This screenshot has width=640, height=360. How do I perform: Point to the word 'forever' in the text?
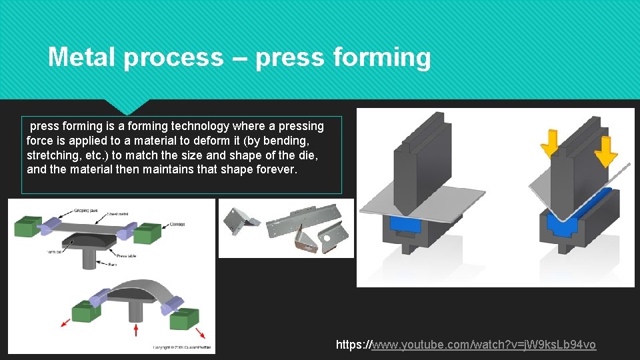[x=275, y=169]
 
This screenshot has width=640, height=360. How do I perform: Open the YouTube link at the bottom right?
[x=466, y=345]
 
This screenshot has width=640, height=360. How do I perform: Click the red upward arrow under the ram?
[x=137, y=330]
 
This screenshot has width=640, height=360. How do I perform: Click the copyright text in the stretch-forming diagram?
[x=183, y=347]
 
